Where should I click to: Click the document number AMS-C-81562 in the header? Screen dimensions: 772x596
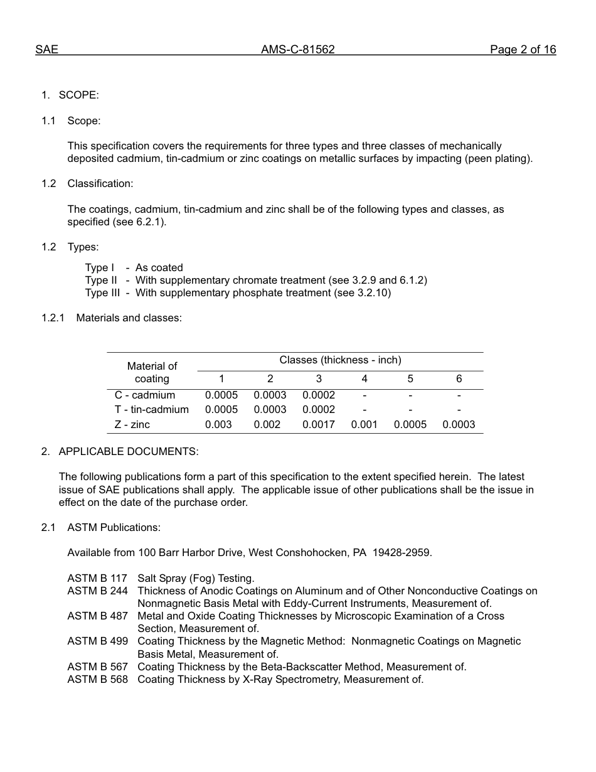[x=297, y=50]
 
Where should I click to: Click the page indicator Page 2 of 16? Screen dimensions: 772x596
[x=523, y=50]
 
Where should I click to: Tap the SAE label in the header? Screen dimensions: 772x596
[x=46, y=50]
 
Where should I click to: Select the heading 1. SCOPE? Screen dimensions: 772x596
[x=70, y=95]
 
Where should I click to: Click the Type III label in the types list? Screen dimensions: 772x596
[x=102, y=293]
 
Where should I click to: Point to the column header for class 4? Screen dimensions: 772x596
[x=365, y=379]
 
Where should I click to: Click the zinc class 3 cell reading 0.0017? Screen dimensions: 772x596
[x=319, y=425]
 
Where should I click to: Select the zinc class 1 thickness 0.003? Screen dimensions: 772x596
[x=218, y=425]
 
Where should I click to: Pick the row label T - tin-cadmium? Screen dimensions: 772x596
[x=152, y=410]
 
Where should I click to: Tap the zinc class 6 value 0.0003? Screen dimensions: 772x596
[x=459, y=425]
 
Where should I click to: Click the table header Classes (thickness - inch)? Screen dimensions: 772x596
[x=340, y=360]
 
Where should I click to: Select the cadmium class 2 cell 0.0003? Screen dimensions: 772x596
[x=270, y=395]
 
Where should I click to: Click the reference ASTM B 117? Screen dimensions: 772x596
[x=97, y=578]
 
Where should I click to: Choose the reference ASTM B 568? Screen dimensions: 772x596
[x=97, y=680]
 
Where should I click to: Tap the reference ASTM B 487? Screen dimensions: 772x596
[x=97, y=616]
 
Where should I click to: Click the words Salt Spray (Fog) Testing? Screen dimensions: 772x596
[x=196, y=578]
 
